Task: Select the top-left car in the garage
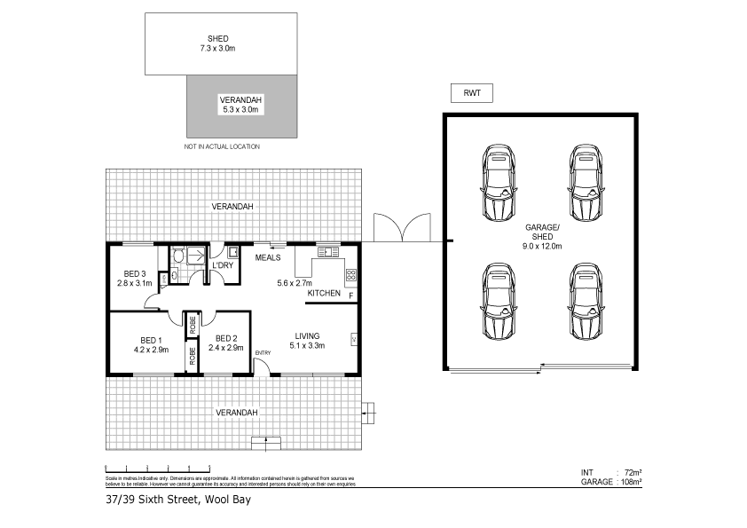point(499,183)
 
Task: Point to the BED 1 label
point(150,340)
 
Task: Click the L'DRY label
point(221,265)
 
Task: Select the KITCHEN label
point(323,293)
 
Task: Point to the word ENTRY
point(263,354)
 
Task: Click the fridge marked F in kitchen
point(351,294)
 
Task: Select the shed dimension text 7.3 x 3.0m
point(217,50)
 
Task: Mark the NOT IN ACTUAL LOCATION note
point(222,146)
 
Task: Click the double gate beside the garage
point(404,229)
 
